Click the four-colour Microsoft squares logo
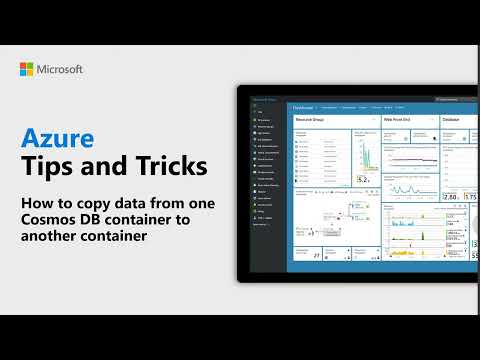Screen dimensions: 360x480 click(28, 69)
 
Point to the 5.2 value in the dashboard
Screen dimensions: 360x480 click(363, 180)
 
